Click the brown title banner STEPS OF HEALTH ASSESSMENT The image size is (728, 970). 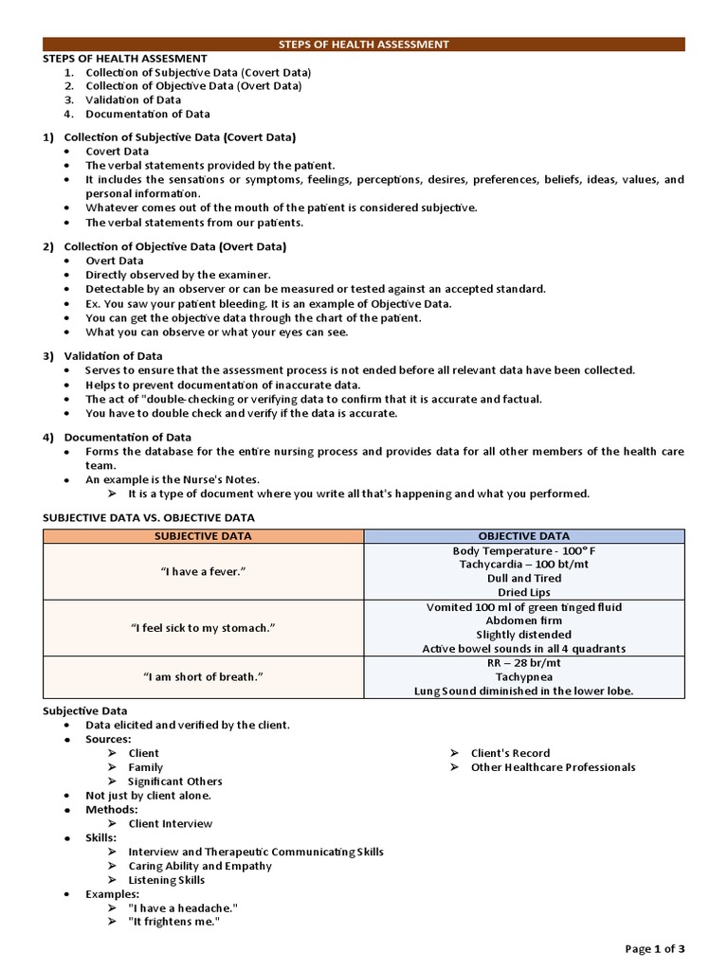click(364, 44)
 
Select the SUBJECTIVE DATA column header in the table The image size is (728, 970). click(204, 536)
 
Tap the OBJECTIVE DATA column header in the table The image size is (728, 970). click(523, 536)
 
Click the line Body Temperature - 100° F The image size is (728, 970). click(523, 550)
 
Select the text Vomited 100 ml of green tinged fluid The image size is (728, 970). click(523, 607)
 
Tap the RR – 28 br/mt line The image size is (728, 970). click(523, 663)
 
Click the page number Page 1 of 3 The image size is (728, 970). click(654, 948)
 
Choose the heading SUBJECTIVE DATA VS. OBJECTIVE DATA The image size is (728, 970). click(149, 517)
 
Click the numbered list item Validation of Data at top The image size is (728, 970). click(133, 99)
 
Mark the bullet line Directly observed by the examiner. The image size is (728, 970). click(177, 275)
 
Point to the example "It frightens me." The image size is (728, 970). click(173, 922)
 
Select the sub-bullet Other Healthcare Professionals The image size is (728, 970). click(553, 767)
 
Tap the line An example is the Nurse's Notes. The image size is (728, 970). click(173, 480)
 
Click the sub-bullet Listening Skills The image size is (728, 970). click(166, 880)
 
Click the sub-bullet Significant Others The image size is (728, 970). click(174, 781)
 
